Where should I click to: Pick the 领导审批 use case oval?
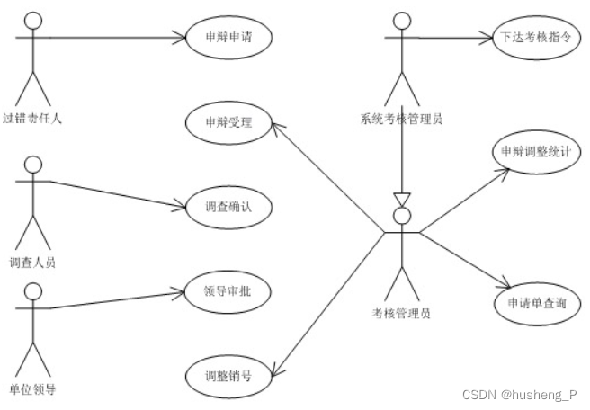pyautogui.click(x=227, y=291)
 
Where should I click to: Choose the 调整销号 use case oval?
pyautogui.click(x=228, y=375)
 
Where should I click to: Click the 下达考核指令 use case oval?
pyautogui.click(x=532, y=38)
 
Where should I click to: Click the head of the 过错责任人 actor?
pyautogui.click(x=33, y=20)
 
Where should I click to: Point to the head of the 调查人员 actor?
pyautogui.click(x=33, y=165)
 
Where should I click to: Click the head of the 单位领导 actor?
pyautogui.click(x=33, y=290)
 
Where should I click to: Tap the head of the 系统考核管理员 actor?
pyautogui.click(x=401, y=20)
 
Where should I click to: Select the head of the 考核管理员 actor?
pyautogui.click(x=402, y=214)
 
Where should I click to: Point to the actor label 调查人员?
pyautogui.click(x=33, y=263)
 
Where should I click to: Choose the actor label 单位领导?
pyautogui.click(x=33, y=388)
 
